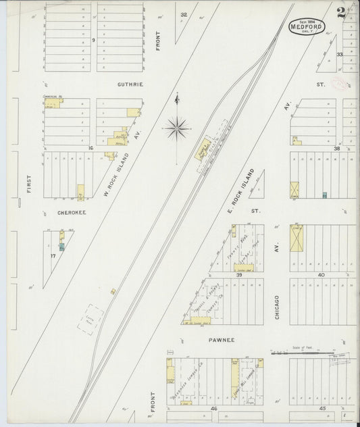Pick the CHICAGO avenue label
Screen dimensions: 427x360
click(x=277, y=304)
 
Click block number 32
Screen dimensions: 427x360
click(x=183, y=14)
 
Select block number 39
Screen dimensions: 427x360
click(x=239, y=275)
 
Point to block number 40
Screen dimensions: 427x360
click(x=321, y=275)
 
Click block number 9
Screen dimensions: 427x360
click(x=93, y=41)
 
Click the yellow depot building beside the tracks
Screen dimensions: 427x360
click(x=203, y=149)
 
